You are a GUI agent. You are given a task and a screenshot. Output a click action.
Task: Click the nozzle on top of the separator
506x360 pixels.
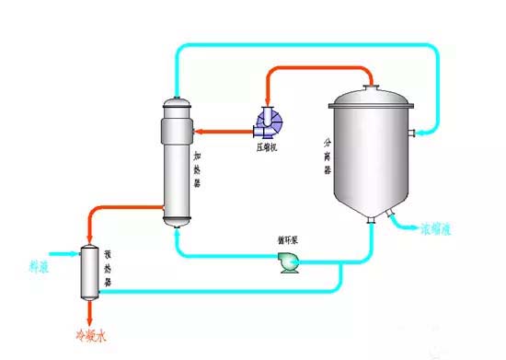(x=370, y=88)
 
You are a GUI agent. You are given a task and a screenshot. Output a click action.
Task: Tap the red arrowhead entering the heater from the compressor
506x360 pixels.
(x=200, y=132)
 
